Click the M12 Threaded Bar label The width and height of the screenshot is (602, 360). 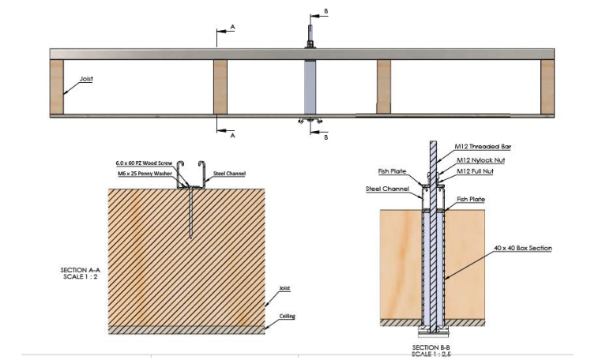(483, 146)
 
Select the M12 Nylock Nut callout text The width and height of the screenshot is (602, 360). (480, 160)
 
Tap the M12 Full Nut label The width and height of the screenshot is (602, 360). (475, 171)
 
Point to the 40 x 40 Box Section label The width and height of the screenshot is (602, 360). (522, 249)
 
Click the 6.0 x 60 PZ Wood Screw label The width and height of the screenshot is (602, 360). (144, 163)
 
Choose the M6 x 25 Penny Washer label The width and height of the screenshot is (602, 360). (145, 174)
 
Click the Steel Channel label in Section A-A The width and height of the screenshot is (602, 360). (229, 174)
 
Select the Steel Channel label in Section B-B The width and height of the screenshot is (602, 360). (387, 189)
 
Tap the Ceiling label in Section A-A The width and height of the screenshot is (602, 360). (288, 317)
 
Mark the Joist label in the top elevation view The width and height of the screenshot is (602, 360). (86, 79)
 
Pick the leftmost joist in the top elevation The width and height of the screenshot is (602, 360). (57, 87)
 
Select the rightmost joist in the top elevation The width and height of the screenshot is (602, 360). (547, 87)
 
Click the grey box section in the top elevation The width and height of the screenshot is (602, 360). (310, 87)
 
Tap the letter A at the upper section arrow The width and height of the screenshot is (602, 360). (232, 27)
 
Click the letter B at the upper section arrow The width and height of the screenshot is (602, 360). (326, 12)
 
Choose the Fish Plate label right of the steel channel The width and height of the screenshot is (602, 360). (471, 199)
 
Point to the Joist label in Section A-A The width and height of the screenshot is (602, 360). (284, 288)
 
